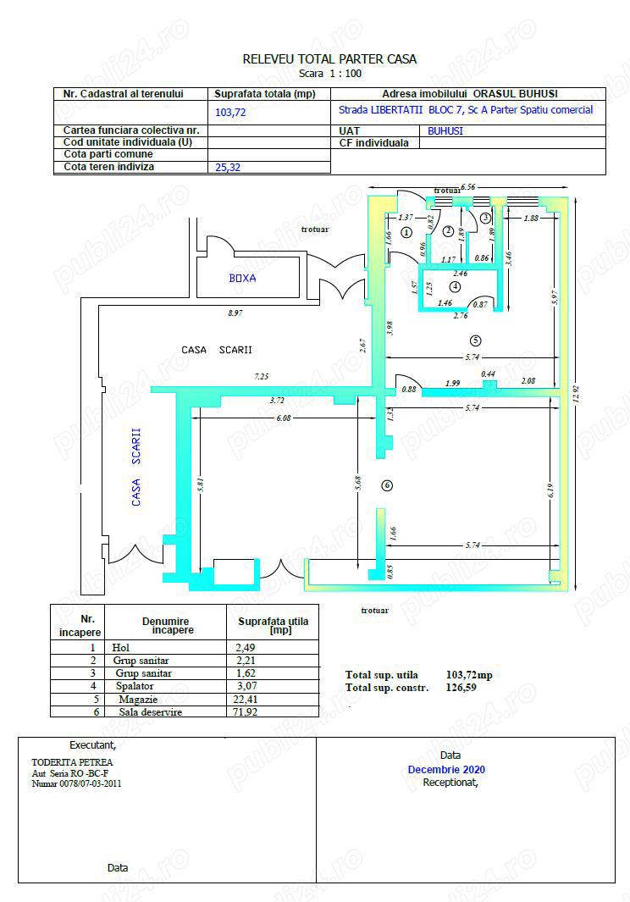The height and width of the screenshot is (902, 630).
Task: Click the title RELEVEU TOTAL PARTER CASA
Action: click(329, 59)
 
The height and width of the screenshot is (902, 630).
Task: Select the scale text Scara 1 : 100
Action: click(329, 74)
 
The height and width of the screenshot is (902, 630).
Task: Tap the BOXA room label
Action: click(242, 278)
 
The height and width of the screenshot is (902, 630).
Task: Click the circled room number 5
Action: click(476, 340)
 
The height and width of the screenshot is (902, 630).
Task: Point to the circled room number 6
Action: click(387, 485)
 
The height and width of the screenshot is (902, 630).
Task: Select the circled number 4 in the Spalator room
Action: click(456, 286)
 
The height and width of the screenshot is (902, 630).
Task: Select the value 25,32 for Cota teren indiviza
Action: click(229, 168)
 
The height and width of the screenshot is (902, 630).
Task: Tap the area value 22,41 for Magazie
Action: click(248, 700)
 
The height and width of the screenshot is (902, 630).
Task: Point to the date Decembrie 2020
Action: click(446, 770)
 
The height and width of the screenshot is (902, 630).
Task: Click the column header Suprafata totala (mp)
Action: click(264, 94)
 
